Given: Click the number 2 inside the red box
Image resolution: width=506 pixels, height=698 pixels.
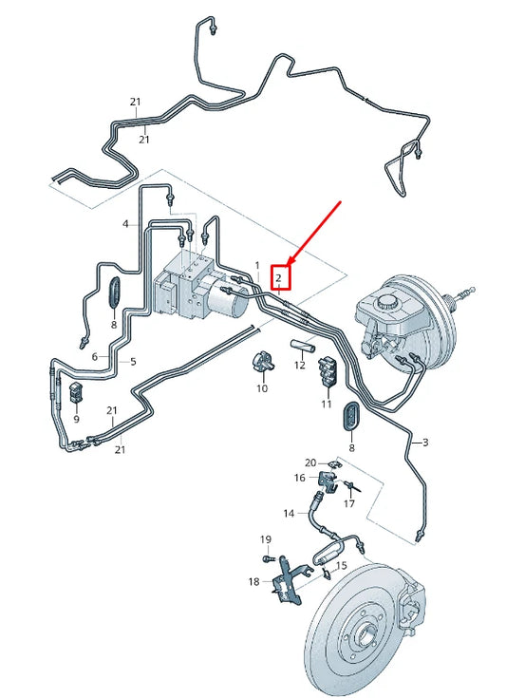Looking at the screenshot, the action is (x=278, y=278).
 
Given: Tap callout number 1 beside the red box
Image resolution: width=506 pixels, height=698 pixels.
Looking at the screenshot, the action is (x=257, y=266).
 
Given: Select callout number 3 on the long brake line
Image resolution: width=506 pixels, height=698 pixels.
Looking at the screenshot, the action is (x=425, y=443).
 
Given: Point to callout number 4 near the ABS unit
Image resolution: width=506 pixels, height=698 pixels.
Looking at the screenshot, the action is (x=125, y=224).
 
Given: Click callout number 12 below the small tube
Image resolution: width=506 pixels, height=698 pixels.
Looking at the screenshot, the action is (x=300, y=365).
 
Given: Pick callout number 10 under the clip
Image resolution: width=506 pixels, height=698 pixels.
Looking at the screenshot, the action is (x=262, y=388).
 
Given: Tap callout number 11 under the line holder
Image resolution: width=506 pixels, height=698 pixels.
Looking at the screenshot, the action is (x=327, y=404).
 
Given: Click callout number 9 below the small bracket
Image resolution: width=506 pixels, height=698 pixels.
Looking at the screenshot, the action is (x=76, y=420).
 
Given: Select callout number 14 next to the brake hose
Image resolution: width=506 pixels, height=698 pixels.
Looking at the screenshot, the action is (x=289, y=514).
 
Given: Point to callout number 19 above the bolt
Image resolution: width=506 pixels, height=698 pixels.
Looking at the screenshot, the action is (x=266, y=540).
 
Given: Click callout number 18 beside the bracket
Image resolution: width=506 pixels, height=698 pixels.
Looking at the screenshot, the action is (x=253, y=582).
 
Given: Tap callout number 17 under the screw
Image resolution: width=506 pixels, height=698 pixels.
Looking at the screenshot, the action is (x=349, y=504).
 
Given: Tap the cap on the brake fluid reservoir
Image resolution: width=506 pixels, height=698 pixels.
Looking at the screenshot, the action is (x=384, y=302).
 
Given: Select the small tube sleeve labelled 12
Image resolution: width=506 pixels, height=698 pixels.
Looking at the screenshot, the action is (x=304, y=346).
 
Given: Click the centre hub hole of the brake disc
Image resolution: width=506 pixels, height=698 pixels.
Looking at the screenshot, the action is (x=366, y=632).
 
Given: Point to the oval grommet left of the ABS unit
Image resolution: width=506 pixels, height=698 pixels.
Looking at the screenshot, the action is (x=114, y=292).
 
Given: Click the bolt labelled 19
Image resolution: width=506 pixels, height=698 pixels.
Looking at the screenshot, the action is (x=268, y=558).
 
